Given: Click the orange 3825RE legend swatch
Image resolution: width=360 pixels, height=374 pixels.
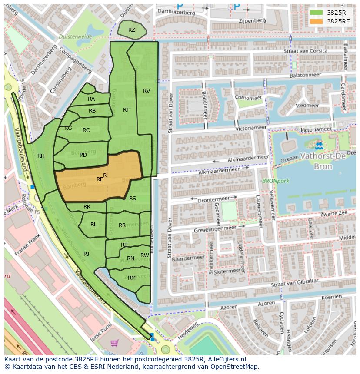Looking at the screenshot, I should [x=316, y=21].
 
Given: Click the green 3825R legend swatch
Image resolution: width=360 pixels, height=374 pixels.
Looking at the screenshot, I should [x=316, y=13].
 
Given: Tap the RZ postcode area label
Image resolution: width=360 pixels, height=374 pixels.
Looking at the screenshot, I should [x=132, y=30].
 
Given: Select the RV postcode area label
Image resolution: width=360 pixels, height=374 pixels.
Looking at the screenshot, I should [x=147, y=91].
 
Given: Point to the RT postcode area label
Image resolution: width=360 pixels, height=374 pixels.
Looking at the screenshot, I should [x=126, y=110].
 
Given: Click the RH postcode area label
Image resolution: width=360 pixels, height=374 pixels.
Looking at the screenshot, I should [x=41, y=156].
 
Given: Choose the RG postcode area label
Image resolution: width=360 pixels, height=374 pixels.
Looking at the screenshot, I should [x=68, y=128].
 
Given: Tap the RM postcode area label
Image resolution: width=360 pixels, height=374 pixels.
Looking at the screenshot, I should [x=132, y=278].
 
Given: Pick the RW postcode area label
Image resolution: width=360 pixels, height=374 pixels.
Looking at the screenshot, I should [x=145, y=255].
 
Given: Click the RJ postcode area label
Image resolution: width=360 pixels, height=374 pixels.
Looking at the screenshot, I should [x=87, y=254].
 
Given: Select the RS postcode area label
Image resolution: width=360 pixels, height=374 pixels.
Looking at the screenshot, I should [x=133, y=199].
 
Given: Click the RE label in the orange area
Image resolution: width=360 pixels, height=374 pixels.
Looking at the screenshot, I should [x=100, y=179].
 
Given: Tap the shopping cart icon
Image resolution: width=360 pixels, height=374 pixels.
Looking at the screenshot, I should [x=115, y=343].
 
